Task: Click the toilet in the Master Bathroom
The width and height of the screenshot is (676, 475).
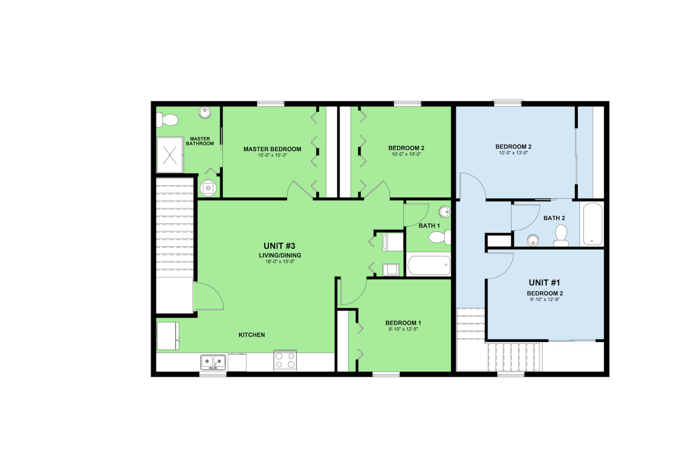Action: (167, 120)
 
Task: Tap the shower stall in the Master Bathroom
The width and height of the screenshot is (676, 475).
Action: (170, 155)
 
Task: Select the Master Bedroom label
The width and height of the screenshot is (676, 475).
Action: (272, 149)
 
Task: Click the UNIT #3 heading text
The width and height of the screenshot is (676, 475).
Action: (279, 246)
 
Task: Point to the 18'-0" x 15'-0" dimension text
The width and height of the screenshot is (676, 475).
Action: (280, 262)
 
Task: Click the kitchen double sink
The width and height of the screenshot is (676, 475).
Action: (213, 362)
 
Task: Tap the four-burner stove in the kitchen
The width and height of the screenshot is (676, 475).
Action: (285, 361)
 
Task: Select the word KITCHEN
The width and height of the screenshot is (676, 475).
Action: (252, 335)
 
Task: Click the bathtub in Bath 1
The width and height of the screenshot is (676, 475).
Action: (429, 265)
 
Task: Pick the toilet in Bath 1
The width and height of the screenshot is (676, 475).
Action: (440, 237)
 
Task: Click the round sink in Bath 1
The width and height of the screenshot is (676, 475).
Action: (445, 211)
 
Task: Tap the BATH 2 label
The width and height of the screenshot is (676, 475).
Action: (554, 218)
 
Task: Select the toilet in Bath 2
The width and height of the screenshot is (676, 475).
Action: (561, 236)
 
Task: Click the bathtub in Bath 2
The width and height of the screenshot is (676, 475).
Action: (592, 224)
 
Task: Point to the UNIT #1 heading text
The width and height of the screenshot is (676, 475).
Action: (544, 283)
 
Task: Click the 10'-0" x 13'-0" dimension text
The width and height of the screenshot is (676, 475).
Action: (514, 153)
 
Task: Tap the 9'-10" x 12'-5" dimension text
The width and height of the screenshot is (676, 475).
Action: (403, 329)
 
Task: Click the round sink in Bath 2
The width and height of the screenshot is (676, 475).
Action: (533, 240)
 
